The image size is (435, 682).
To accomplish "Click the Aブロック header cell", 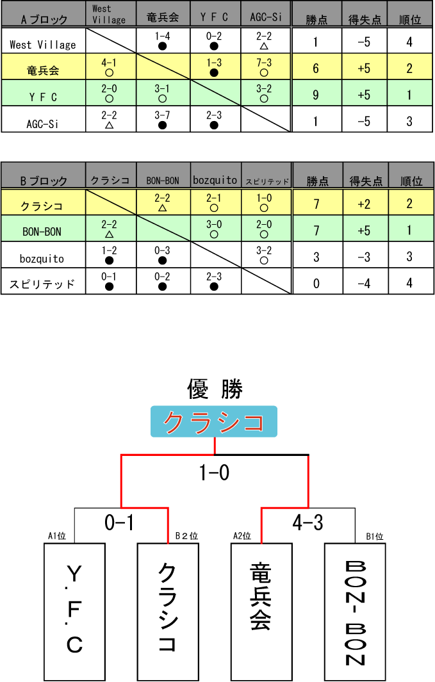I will (x=44, y=15).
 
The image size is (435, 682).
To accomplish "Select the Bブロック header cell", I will (x=44, y=176).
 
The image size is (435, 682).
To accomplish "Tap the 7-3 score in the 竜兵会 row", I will (x=264, y=66).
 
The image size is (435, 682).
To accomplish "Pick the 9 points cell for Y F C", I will (x=316, y=95).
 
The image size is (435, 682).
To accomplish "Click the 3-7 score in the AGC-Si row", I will (x=163, y=118).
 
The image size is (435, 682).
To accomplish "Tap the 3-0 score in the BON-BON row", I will (x=215, y=229).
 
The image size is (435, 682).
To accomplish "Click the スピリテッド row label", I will (x=43, y=283).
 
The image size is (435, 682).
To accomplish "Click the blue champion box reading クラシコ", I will (x=214, y=422).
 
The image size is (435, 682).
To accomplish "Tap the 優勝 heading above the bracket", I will (x=215, y=388).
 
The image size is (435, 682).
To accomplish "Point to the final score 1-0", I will (x=215, y=473).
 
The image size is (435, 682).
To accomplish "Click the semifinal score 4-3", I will (x=308, y=523).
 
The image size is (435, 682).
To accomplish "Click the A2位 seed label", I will (x=242, y=536).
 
